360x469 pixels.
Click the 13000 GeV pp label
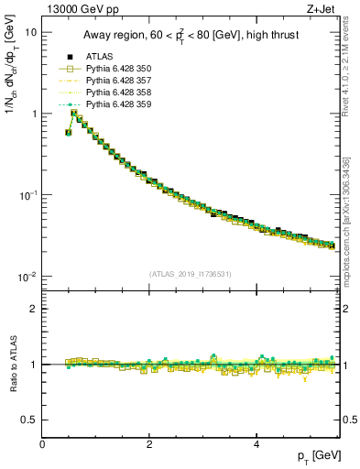80,11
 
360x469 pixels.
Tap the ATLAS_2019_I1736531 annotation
190,274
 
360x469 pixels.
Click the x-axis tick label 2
148,443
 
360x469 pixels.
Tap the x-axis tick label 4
256,443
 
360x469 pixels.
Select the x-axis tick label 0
42,443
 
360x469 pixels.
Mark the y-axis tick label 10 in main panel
30,31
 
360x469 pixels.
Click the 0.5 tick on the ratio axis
29,420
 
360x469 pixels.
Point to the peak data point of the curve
74,114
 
